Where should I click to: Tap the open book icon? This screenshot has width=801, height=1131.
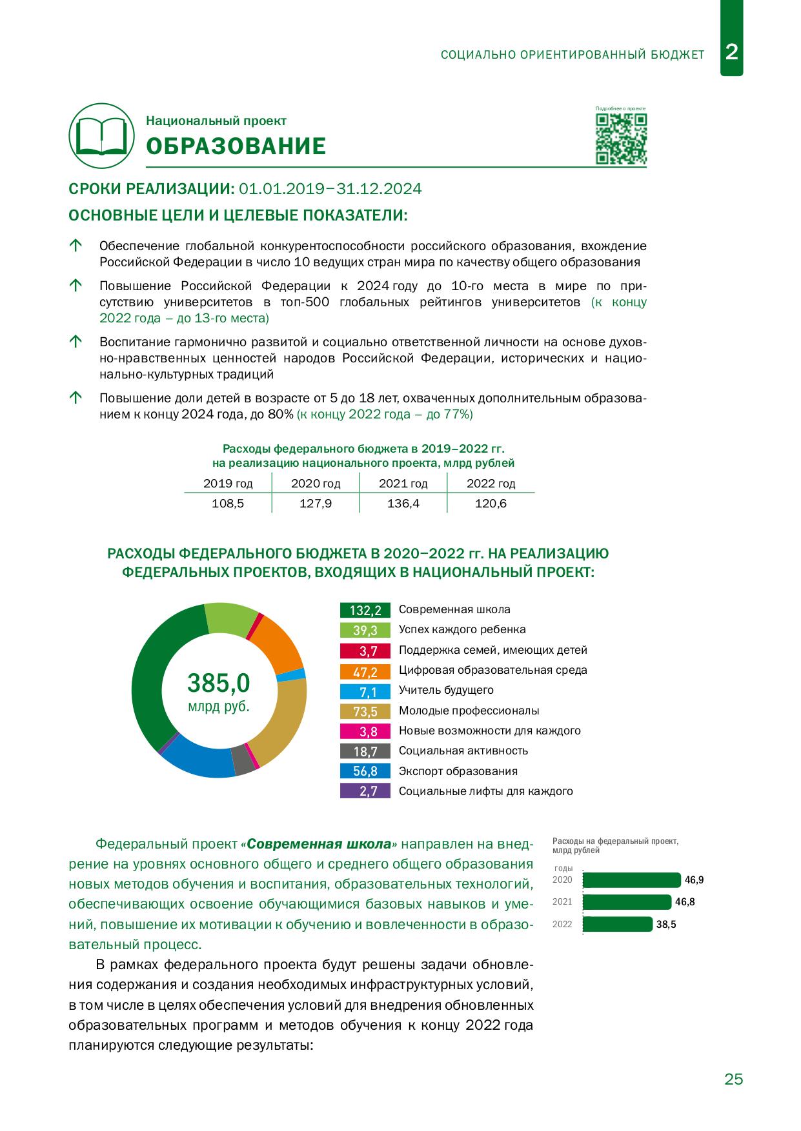(101, 135)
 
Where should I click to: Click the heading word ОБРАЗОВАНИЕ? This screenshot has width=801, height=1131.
(236, 147)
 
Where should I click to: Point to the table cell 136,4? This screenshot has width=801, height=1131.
(403, 504)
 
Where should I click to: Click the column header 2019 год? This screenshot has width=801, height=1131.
(228, 484)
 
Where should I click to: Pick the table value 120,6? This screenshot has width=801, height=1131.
(491, 504)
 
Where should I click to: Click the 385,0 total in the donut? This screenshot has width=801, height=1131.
(218, 682)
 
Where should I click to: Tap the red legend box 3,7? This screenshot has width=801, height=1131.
(365, 651)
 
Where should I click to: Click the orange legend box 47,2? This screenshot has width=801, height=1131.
(365, 671)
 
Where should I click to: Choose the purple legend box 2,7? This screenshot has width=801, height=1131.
(365, 791)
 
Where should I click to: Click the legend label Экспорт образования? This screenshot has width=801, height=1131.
(458, 771)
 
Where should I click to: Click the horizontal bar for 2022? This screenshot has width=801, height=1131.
(618, 924)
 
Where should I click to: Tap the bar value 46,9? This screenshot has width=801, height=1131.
(694, 880)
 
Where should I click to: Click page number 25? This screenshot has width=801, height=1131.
(734, 1079)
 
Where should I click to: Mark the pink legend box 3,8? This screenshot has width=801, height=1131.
(365, 731)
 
